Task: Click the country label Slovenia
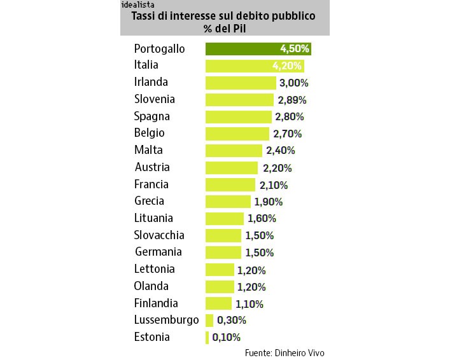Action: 154,99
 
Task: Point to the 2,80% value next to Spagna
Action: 290,116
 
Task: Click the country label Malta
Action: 148,150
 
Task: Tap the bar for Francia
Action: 230,184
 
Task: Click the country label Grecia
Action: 149,201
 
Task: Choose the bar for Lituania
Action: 224,218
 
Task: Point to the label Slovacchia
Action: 159,235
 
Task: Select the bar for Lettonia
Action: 220,269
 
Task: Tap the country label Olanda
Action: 151,286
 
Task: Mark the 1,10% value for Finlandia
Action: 250,303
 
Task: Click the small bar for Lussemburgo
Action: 209,320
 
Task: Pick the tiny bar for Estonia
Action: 207,337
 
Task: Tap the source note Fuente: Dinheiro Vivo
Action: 288,352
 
